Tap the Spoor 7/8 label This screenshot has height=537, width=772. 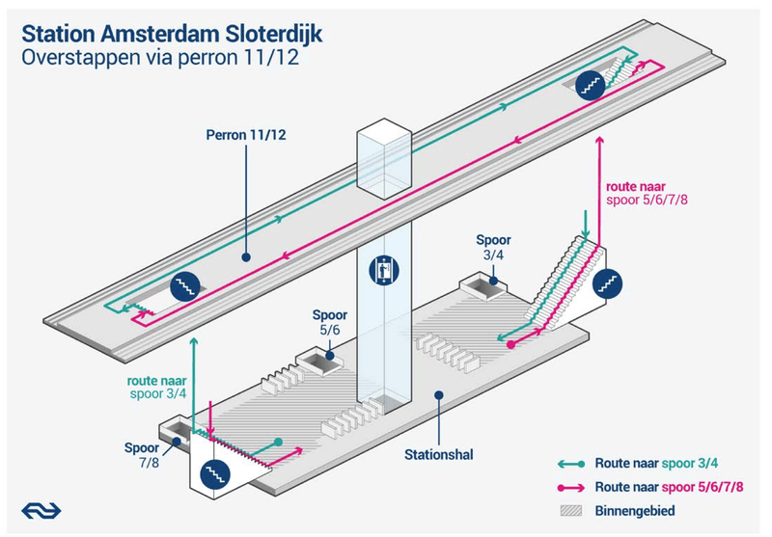tap(143, 455)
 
